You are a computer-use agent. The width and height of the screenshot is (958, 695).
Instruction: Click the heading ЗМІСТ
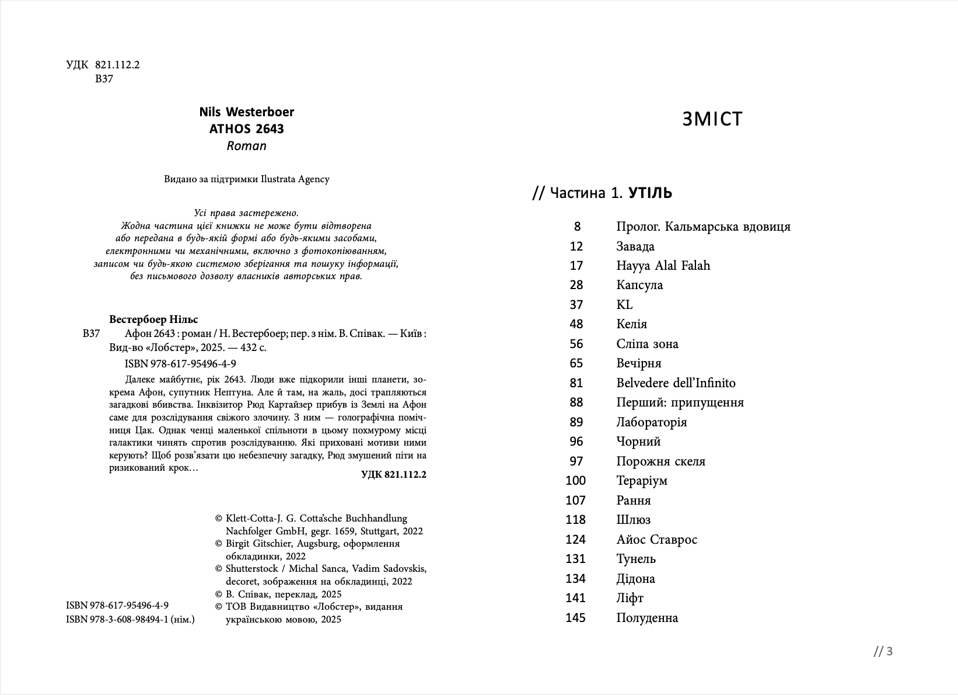712,119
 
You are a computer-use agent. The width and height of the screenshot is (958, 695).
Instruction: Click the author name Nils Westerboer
246,112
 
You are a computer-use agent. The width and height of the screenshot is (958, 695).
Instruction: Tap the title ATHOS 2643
246,128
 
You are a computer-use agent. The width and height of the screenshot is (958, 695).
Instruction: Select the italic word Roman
246,146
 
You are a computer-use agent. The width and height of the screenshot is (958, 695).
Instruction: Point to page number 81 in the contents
576,383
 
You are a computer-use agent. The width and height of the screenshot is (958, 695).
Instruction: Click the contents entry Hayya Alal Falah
663,266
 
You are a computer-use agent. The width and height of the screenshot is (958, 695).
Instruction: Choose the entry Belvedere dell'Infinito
676,383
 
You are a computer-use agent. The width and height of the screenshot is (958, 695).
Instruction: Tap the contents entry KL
624,305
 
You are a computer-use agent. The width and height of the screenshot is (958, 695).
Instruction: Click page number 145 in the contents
575,618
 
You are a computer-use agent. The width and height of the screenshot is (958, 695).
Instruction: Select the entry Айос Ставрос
656,540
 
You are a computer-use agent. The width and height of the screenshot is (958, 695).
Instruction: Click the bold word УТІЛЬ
650,193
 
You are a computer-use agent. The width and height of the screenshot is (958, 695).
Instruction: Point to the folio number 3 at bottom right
889,651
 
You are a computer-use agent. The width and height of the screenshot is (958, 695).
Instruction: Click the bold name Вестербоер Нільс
153,319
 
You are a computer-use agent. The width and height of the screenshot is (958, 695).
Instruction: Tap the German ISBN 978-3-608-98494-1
130,619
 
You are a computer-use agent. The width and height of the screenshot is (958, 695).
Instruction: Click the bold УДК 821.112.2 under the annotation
393,474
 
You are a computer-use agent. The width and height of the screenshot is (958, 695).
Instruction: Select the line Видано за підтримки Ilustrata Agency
246,179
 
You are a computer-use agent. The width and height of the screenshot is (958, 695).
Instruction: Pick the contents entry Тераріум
642,481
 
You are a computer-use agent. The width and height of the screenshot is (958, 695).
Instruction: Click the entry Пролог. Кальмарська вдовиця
703,227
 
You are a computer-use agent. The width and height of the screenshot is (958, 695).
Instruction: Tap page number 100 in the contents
575,481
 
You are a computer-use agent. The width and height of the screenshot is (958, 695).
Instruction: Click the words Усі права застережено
246,213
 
